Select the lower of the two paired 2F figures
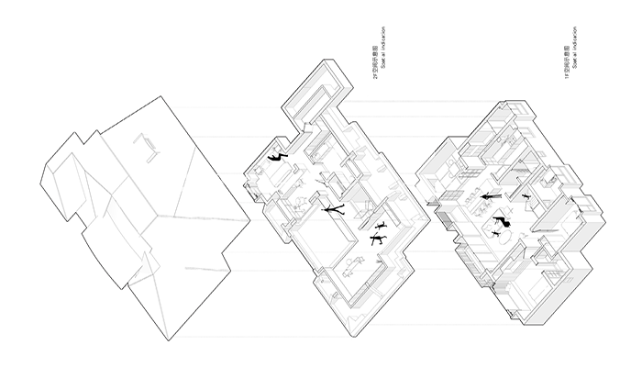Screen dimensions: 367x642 tap(377, 239)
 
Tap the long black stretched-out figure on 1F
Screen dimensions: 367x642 tap(487, 195)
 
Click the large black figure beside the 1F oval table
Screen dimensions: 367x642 tap(502, 220)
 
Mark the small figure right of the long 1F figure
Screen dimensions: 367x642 tap(526, 195)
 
